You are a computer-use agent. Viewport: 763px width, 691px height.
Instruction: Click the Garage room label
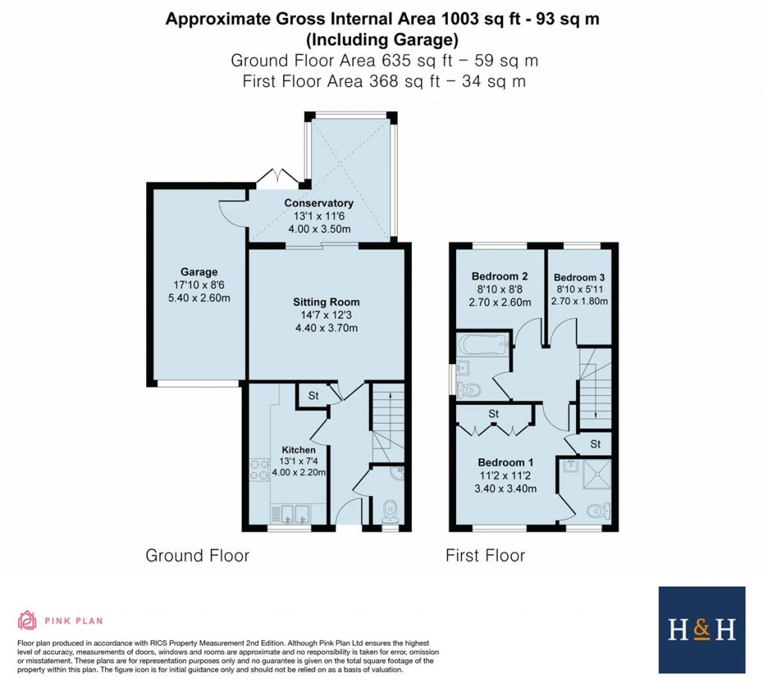[199, 272]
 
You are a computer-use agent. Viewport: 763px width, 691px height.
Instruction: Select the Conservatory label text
[318, 203]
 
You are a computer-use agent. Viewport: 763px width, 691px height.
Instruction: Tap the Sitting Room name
[326, 302]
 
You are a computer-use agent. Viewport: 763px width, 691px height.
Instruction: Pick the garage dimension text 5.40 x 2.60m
[199, 299]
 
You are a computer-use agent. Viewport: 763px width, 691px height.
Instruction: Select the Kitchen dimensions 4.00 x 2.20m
[299, 473]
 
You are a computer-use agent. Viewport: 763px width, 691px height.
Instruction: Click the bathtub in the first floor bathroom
[482, 345]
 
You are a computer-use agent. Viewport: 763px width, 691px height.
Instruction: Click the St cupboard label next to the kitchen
[313, 396]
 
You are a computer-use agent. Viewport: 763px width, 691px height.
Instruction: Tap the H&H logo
[701, 629]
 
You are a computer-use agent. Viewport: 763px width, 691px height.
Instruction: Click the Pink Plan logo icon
[28, 620]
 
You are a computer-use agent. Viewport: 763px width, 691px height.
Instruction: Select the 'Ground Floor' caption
[197, 555]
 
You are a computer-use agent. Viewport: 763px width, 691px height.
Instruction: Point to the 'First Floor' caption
[485, 555]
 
